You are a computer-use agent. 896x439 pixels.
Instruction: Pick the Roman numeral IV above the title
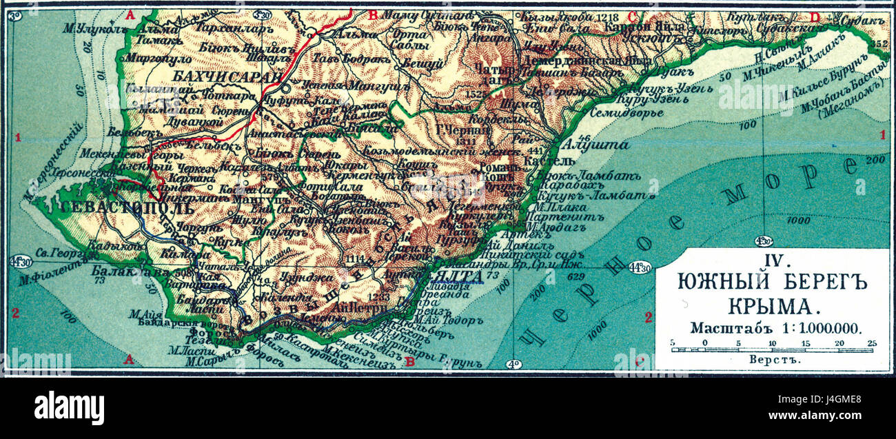tap(771, 262)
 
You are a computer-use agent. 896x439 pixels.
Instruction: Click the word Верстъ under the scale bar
tap(771, 359)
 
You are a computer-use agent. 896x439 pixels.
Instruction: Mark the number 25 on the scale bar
tap(871, 342)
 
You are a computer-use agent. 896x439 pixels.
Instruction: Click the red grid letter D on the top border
tap(815, 16)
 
